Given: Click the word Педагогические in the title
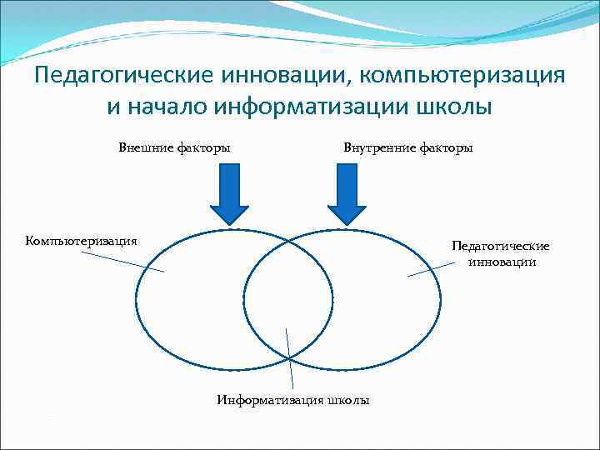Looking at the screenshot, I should click(122, 76).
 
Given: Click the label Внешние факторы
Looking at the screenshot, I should click(174, 147).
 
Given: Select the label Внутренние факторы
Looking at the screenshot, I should click(408, 147).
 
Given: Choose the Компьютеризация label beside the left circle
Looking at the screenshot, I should click(82, 241).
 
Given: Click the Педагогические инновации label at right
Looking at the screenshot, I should click(501, 254).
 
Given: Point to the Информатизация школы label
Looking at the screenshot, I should click(293, 400).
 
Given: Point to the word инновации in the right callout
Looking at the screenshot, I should click(502, 262).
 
